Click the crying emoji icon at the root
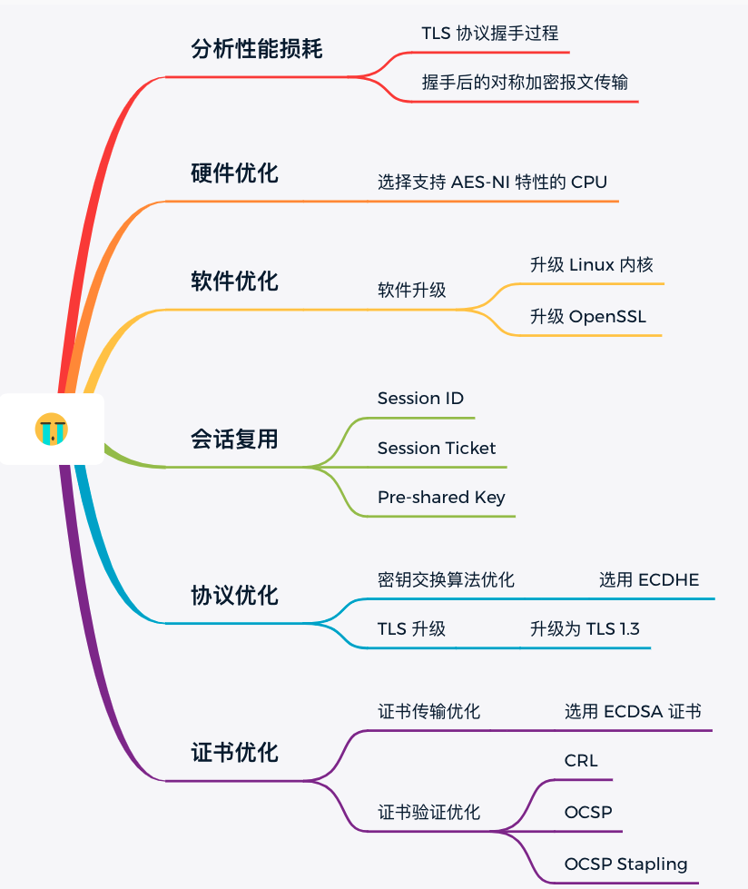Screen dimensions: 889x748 point(52,429)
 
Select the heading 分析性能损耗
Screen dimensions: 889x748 point(257,49)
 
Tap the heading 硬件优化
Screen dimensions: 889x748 point(234,173)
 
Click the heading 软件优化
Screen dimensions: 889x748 point(234,282)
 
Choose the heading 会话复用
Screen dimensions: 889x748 point(234,440)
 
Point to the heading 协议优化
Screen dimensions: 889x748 point(234,596)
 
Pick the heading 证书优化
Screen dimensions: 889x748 point(234,753)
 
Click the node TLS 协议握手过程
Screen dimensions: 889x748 point(489,34)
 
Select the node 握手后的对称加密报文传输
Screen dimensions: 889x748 point(525,82)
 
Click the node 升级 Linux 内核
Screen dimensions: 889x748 point(591,265)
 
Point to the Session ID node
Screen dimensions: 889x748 point(420,399)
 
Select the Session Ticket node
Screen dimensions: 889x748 point(437,448)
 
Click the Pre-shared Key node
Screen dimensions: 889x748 point(441,497)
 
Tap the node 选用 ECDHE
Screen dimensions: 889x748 point(648,579)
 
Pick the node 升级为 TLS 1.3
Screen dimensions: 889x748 point(585,628)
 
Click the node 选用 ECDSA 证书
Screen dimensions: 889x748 point(632,712)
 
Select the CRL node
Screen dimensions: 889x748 point(581,761)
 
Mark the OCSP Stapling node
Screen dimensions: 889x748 point(625,864)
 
